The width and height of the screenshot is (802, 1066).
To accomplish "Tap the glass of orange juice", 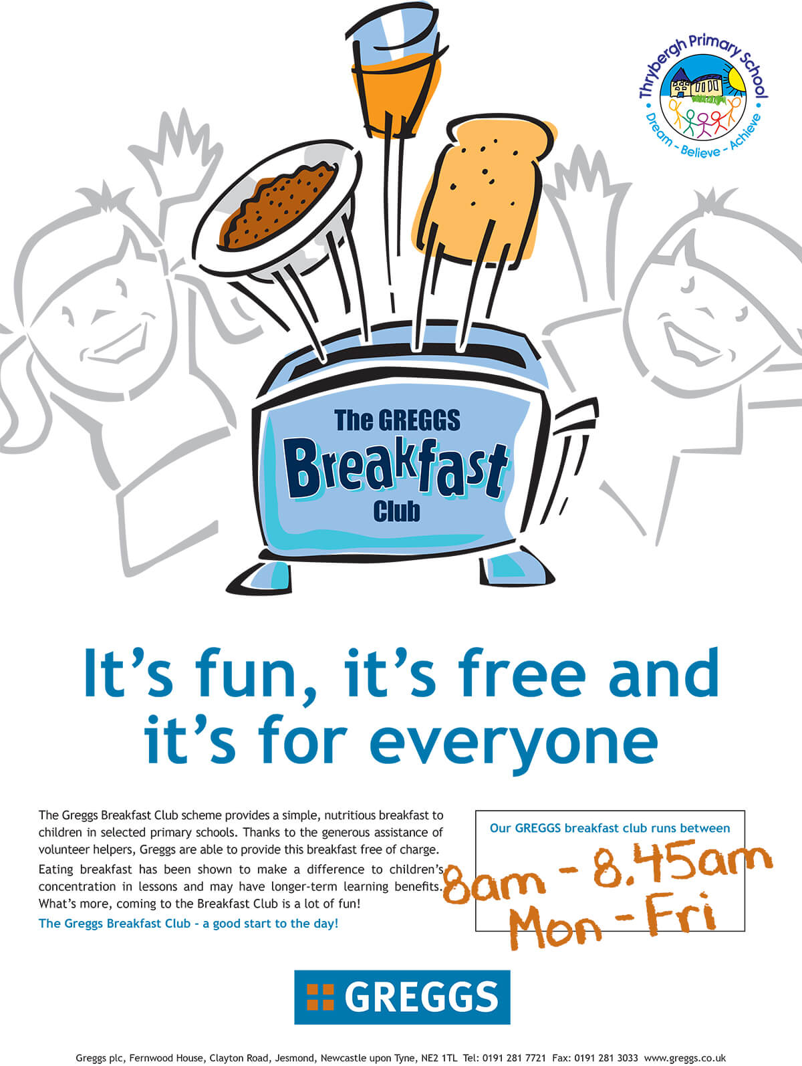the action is [396, 73].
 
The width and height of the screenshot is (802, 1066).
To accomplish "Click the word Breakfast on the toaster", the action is [396, 469].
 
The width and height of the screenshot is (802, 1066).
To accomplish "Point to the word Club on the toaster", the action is [396, 513].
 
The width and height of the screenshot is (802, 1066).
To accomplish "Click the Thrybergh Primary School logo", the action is [702, 96].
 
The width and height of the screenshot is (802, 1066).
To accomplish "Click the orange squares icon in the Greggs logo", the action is [320, 997].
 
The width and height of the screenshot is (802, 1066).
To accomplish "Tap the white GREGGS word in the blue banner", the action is [422, 997].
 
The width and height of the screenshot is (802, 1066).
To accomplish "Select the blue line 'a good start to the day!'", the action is [270, 923].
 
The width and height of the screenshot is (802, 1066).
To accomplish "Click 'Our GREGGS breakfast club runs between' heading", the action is [610, 828].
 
